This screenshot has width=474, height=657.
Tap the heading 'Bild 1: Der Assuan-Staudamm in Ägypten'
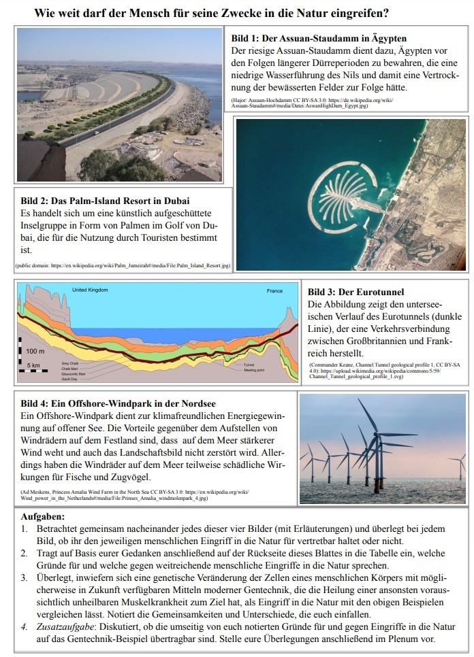point(319,38)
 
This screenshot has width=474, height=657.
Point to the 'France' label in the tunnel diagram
point(274,291)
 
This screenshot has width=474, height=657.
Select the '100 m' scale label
point(36,351)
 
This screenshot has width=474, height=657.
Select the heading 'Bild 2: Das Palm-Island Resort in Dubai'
point(105,201)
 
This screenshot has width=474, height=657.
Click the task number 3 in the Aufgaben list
point(24,578)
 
